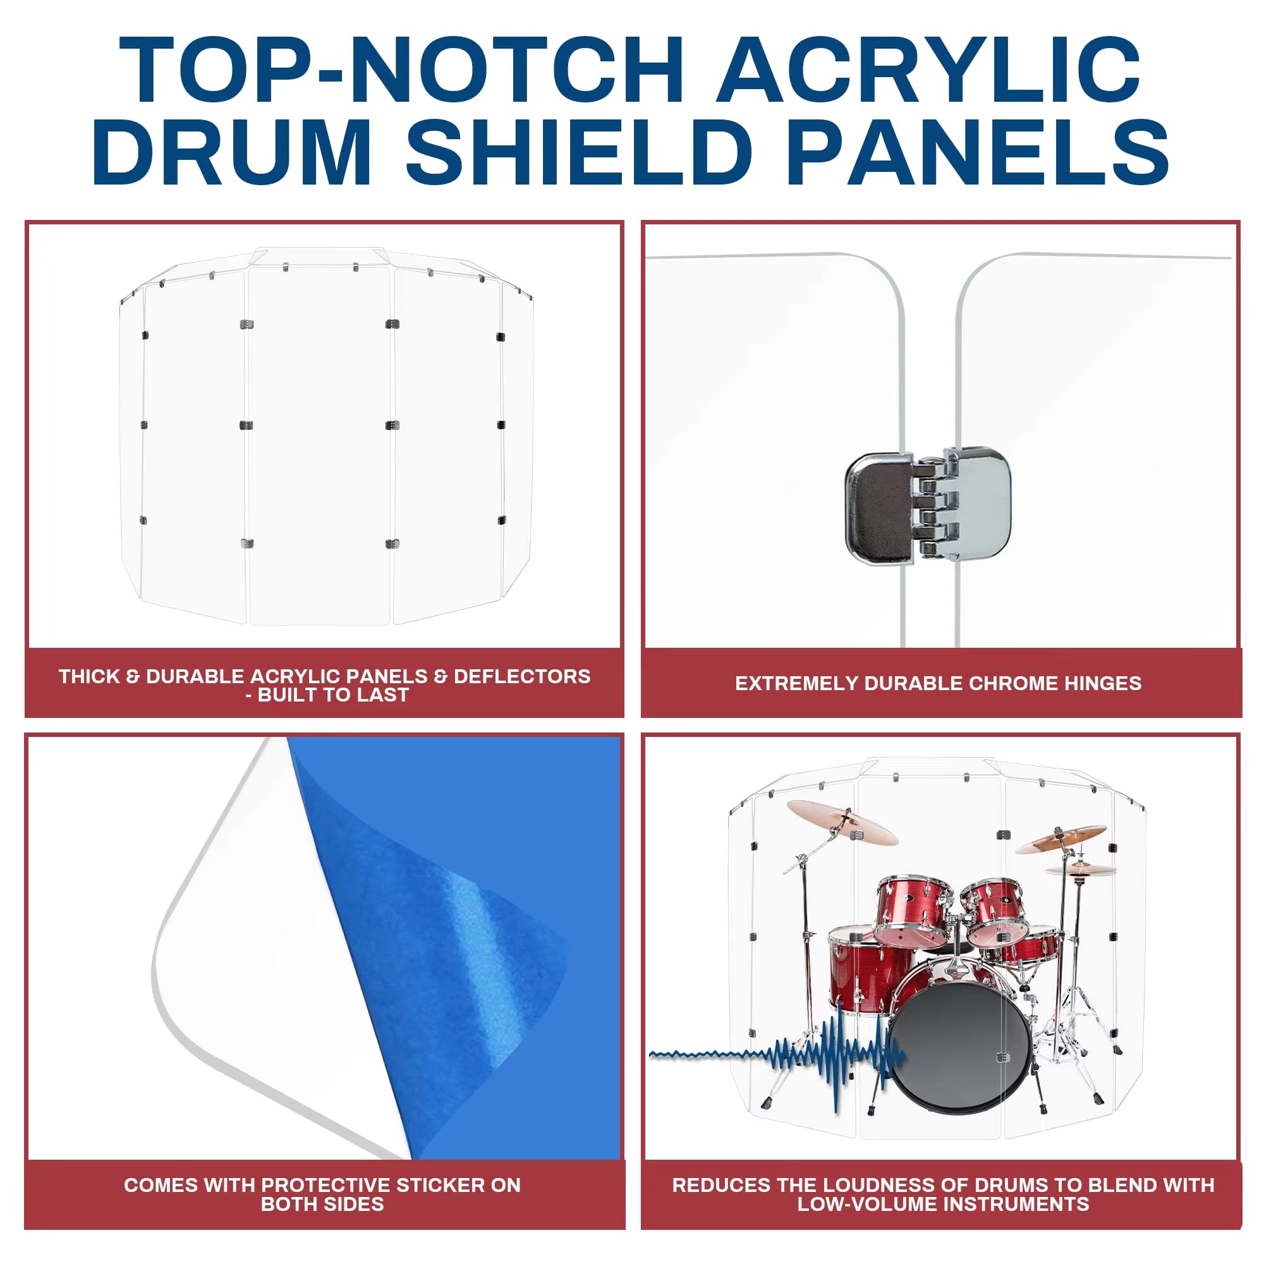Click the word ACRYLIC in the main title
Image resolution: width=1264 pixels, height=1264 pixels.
pos(929,70)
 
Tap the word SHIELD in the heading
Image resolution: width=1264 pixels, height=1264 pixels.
pos(579,152)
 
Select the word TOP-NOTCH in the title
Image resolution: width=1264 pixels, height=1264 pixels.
pos(401,70)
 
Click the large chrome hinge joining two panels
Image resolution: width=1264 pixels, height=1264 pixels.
pos(927,504)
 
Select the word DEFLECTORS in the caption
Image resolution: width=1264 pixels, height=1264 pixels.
pos(522,676)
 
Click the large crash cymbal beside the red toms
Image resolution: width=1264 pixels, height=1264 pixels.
pos(842,822)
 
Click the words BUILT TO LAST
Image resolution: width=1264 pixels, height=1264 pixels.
pos(333,695)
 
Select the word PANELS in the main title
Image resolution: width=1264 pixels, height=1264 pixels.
pos(978,152)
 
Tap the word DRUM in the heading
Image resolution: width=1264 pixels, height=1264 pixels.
pos(232,152)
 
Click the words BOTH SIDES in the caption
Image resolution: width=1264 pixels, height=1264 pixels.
pos(322,1204)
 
